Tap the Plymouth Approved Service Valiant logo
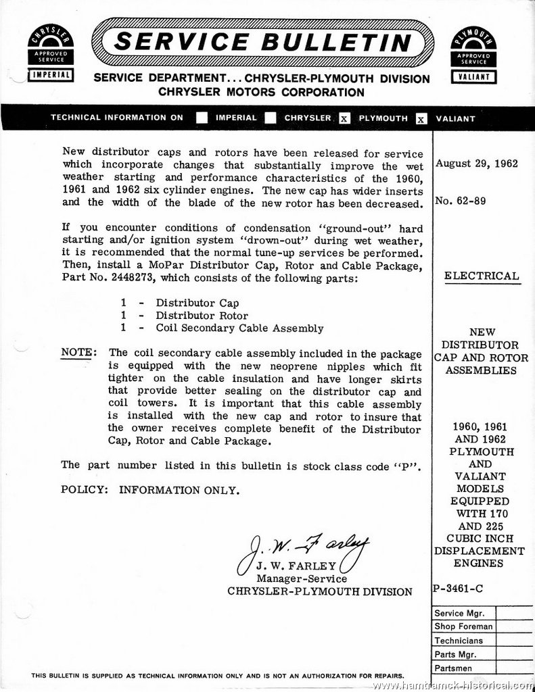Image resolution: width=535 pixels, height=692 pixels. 473,54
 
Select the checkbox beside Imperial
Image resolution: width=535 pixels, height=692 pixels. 202,118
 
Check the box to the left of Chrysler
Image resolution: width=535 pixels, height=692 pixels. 271,118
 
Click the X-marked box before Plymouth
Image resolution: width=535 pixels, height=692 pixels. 344,118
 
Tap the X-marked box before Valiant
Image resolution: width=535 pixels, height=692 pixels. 421,118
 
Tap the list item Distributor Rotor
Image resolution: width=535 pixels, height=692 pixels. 202,316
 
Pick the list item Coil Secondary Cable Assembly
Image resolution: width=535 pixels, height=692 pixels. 239,328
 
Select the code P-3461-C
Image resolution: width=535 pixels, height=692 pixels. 459,588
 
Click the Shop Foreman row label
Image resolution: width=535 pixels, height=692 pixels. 463,626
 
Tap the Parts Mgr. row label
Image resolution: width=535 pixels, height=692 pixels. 456,654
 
